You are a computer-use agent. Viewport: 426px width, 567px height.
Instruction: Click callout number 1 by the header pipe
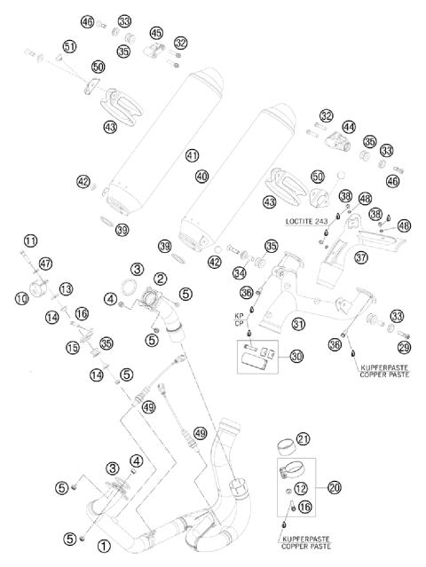tap(104, 547)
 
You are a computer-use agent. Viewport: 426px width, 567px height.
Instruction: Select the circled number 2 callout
tap(161, 279)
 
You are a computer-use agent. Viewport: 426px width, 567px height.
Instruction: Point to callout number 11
tap(31, 240)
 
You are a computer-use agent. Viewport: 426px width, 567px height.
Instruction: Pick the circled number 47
tap(46, 263)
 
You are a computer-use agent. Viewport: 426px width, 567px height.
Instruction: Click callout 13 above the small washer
tap(66, 289)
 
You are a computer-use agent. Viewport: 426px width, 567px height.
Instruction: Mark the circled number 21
tap(304, 439)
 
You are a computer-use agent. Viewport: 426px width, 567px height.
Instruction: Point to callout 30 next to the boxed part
tap(296, 355)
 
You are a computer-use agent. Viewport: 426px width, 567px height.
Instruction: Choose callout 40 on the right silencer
tap(202, 177)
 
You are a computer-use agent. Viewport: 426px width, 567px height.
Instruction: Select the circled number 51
tap(70, 46)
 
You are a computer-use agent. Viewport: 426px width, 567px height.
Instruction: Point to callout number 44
tap(349, 127)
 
